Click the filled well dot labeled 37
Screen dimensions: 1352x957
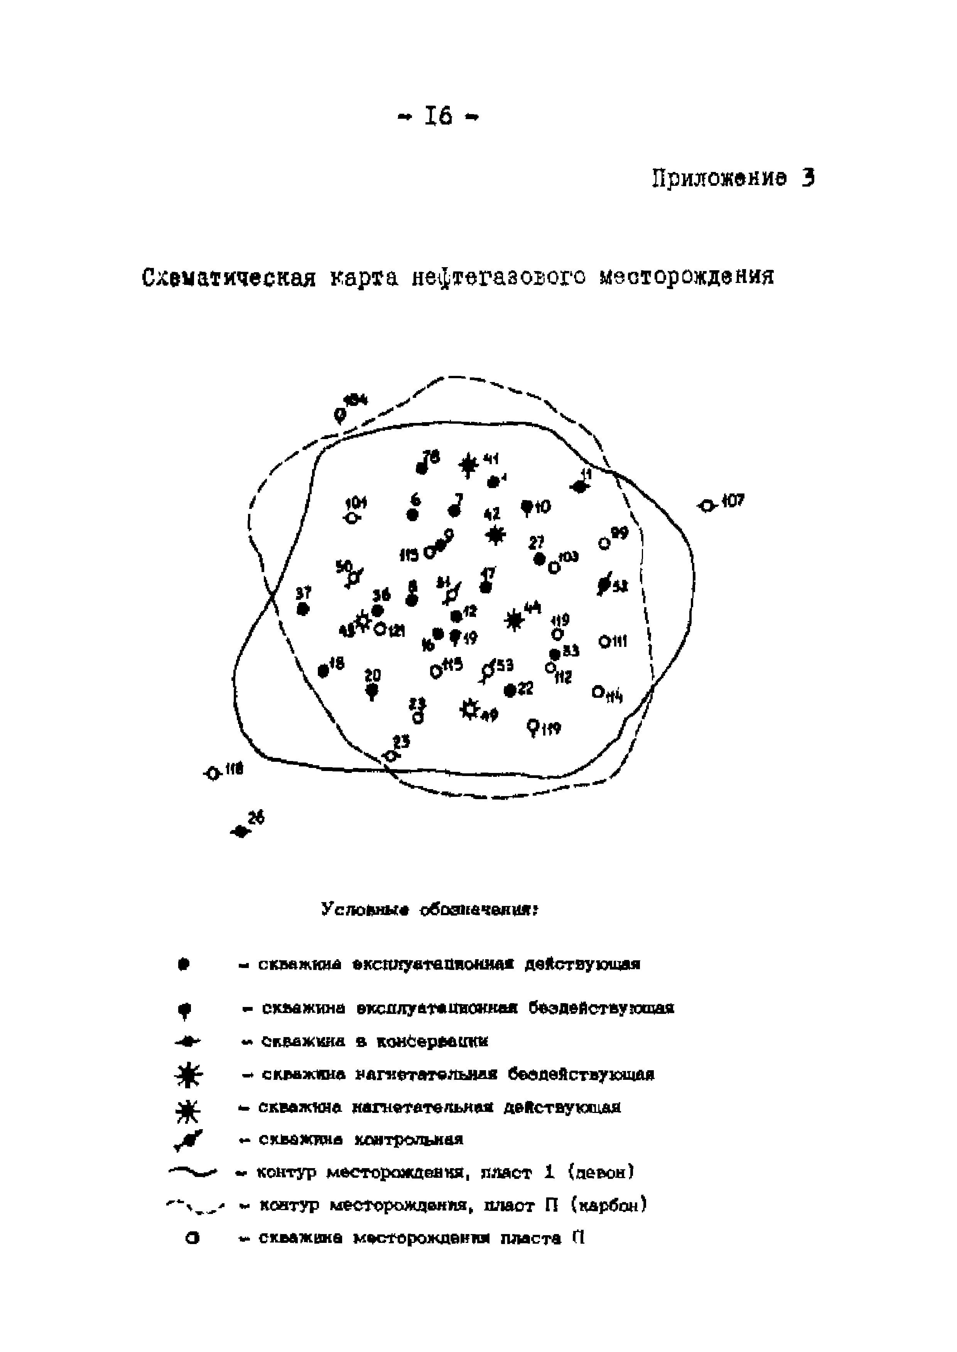coord(303,609)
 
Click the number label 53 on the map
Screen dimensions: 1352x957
coord(505,665)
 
